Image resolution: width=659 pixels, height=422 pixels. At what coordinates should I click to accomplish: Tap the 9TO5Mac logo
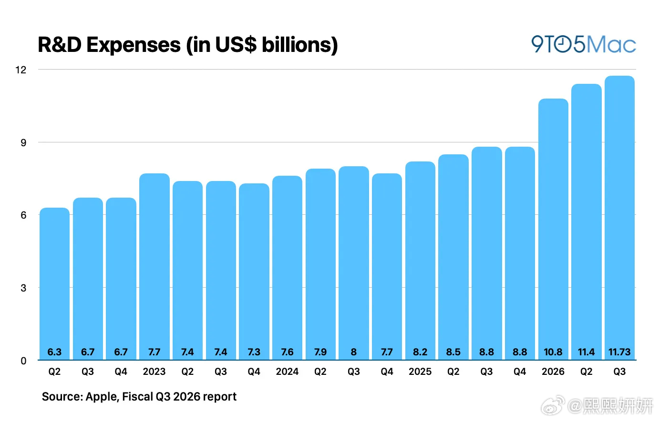pos(583,44)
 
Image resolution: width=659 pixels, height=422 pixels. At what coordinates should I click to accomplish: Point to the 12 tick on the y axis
pos(21,70)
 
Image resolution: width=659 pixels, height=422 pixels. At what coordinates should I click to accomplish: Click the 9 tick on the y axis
pos(23,142)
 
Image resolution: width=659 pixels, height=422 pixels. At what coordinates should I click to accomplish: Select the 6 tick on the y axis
pos(23,215)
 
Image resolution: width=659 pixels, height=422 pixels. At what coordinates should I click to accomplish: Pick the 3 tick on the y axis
pos(23,288)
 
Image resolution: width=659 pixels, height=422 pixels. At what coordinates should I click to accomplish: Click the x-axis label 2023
pos(154,372)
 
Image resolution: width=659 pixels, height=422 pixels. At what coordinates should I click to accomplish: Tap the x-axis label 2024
pos(287,372)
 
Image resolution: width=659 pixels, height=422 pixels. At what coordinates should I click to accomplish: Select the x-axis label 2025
pos(420,372)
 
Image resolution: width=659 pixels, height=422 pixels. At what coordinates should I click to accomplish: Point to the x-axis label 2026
pos(553,372)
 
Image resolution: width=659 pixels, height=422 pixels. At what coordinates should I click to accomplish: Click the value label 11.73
pos(619,352)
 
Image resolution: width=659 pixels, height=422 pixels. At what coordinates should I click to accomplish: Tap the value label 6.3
pos(54,352)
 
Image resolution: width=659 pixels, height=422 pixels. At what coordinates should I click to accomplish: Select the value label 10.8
pos(553,352)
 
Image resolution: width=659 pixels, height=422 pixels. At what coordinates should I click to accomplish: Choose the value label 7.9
pos(320,352)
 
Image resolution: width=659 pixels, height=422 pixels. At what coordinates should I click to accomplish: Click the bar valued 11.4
pos(587,222)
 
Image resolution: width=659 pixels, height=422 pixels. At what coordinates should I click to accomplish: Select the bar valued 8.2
pos(420,261)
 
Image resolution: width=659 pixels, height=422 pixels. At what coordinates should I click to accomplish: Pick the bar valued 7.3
pos(254,271)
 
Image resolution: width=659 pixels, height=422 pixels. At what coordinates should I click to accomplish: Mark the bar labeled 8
pos(354,263)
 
